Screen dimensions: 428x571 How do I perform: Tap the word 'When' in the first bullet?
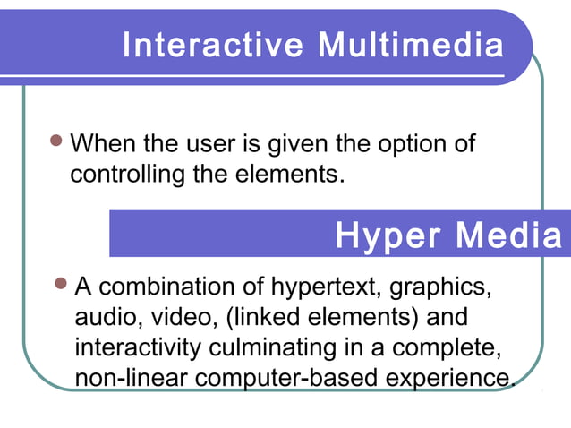point(99,144)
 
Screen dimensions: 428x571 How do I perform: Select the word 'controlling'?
point(128,173)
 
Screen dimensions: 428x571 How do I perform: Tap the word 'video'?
point(178,318)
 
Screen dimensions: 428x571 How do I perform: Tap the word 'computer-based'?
point(286,378)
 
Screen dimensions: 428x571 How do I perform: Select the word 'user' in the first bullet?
point(223,144)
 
